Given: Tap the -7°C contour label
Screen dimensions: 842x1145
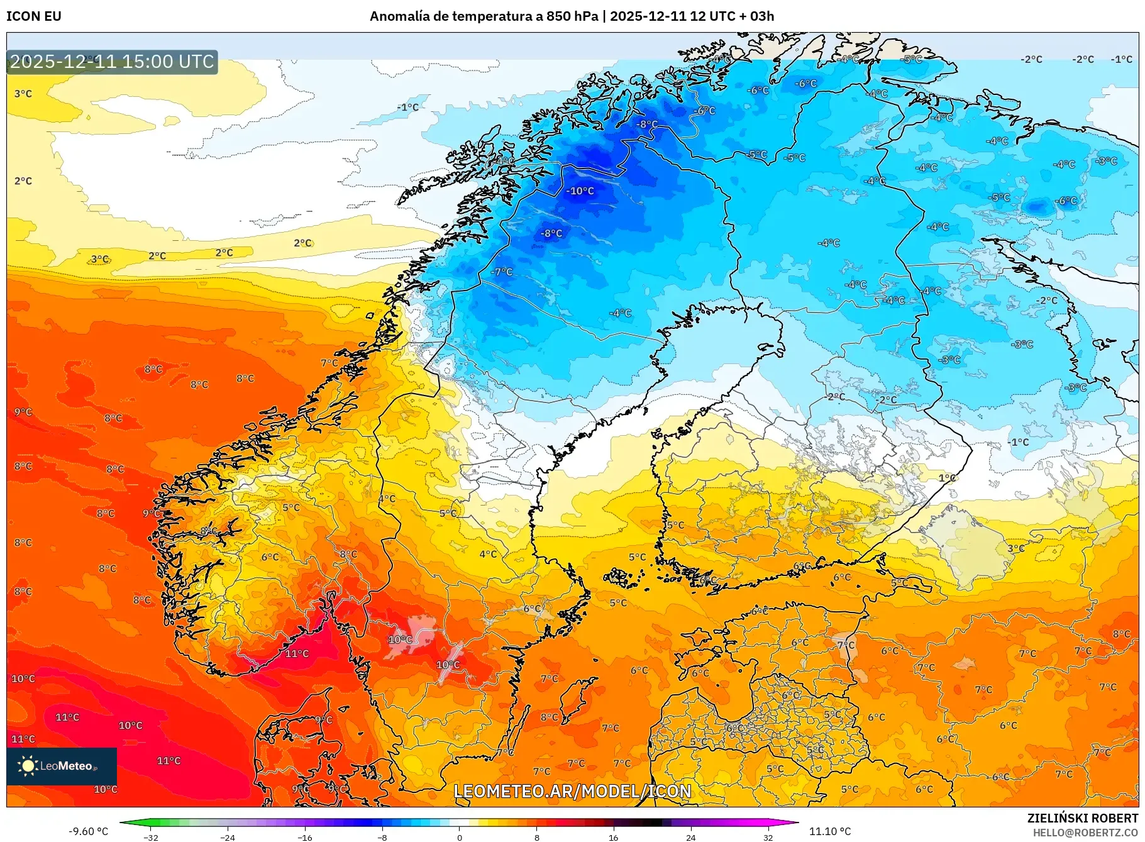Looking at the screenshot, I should pyautogui.click(x=502, y=272).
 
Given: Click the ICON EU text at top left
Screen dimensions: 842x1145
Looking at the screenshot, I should pyautogui.click(x=34, y=16).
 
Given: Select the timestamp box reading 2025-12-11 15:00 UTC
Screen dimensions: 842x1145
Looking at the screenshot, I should pyautogui.click(x=112, y=62).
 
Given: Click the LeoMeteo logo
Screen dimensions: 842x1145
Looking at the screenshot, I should pyautogui.click(x=61, y=766).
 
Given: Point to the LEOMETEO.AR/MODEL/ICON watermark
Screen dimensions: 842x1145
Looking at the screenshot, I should pyautogui.click(x=572, y=791).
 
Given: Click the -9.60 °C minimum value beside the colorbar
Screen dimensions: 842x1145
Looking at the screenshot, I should pyautogui.click(x=88, y=831).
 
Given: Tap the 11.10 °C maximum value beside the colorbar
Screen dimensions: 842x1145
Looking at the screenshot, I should pyautogui.click(x=829, y=831).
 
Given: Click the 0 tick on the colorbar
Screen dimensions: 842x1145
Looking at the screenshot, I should pyautogui.click(x=459, y=837).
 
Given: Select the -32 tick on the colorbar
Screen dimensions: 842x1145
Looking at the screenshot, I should pyautogui.click(x=150, y=837).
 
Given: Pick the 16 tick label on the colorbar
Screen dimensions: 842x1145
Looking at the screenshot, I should pyautogui.click(x=613, y=837).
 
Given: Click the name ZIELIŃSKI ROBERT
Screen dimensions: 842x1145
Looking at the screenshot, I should pyautogui.click(x=1082, y=818).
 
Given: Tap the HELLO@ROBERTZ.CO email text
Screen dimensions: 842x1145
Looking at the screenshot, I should pyautogui.click(x=1085, y=833).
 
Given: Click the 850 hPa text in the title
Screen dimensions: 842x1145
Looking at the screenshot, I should pyautogui.click(x=572, y=16).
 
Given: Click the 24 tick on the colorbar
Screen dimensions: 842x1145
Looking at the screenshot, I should pyautogui.click(x=690, y=837).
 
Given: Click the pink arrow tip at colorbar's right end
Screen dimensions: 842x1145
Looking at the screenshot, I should pyautogui.click(x=795, y=822).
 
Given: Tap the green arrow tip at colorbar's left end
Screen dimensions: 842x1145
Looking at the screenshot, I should pyautogui.click(x=123, y=822).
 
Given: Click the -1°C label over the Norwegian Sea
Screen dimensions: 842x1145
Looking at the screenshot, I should pyautogui.click(x=407, y=108).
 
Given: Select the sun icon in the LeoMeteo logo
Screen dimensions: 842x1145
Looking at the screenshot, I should pyautogui.click(x=28, y=765).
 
